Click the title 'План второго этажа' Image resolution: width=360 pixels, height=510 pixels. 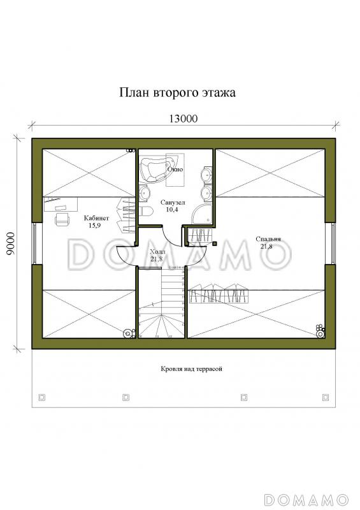pyautogui.click(x=178, y=93)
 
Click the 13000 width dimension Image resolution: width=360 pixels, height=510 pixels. pyautogui.click(x=183, y=118)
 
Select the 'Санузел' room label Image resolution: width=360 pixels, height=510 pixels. pyautogui.click(x=171, y=201)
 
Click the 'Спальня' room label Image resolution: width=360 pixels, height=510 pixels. pyautogui.click(x=270, y=239)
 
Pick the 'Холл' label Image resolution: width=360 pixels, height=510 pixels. pyautogui.click(x=156, y=252)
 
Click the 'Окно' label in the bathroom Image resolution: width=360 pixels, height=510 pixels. pyautogui.click(x=175, y=170)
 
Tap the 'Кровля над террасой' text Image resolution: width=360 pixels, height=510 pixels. pyautogui.click(x=191, y=369)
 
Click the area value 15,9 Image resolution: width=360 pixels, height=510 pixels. pyautogui.click(x=96, y=225)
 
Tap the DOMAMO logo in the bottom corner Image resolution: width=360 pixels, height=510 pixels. pyautogui.click(x=306, y=498)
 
